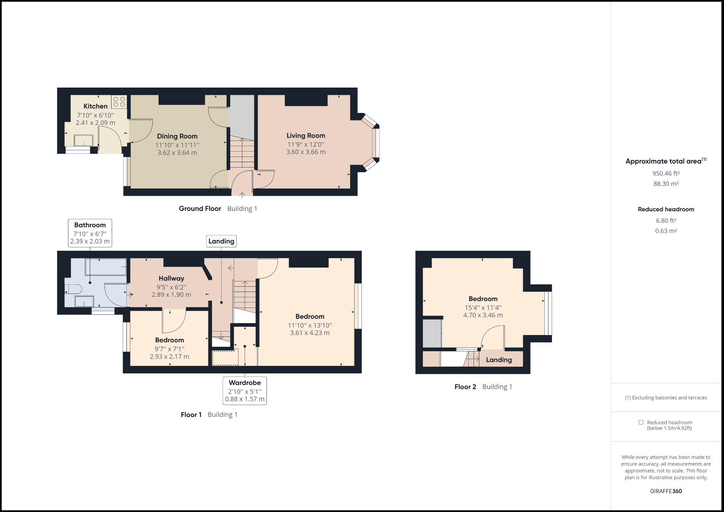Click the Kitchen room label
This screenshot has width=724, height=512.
point(95,106)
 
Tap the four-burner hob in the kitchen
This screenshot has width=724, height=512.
point(119,102)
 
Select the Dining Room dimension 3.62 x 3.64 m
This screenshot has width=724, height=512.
point(177,153)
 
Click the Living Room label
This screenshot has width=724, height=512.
point(306,135)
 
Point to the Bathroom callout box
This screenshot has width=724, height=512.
point(90,233)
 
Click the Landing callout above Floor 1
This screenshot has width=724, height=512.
point(221,241)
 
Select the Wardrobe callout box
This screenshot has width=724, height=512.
point(245,391)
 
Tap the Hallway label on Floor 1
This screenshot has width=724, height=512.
point(171,278)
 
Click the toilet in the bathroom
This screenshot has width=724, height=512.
point(73,289)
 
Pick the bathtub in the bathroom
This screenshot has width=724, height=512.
point(106,267)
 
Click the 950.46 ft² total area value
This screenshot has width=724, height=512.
point(666,173)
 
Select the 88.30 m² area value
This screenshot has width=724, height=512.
point(666,184)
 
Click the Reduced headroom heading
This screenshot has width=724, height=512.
point(666,209)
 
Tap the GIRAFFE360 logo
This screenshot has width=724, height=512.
point(666,491)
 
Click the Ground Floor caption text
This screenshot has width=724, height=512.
point(200,208)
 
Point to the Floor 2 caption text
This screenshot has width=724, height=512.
point(465,386)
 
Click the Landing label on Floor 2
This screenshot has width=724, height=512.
point(499,360)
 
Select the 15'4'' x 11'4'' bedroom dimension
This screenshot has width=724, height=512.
point(483,308)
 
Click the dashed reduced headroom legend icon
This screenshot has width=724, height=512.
point(641,422)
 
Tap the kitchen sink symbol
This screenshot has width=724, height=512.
point(84,140)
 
